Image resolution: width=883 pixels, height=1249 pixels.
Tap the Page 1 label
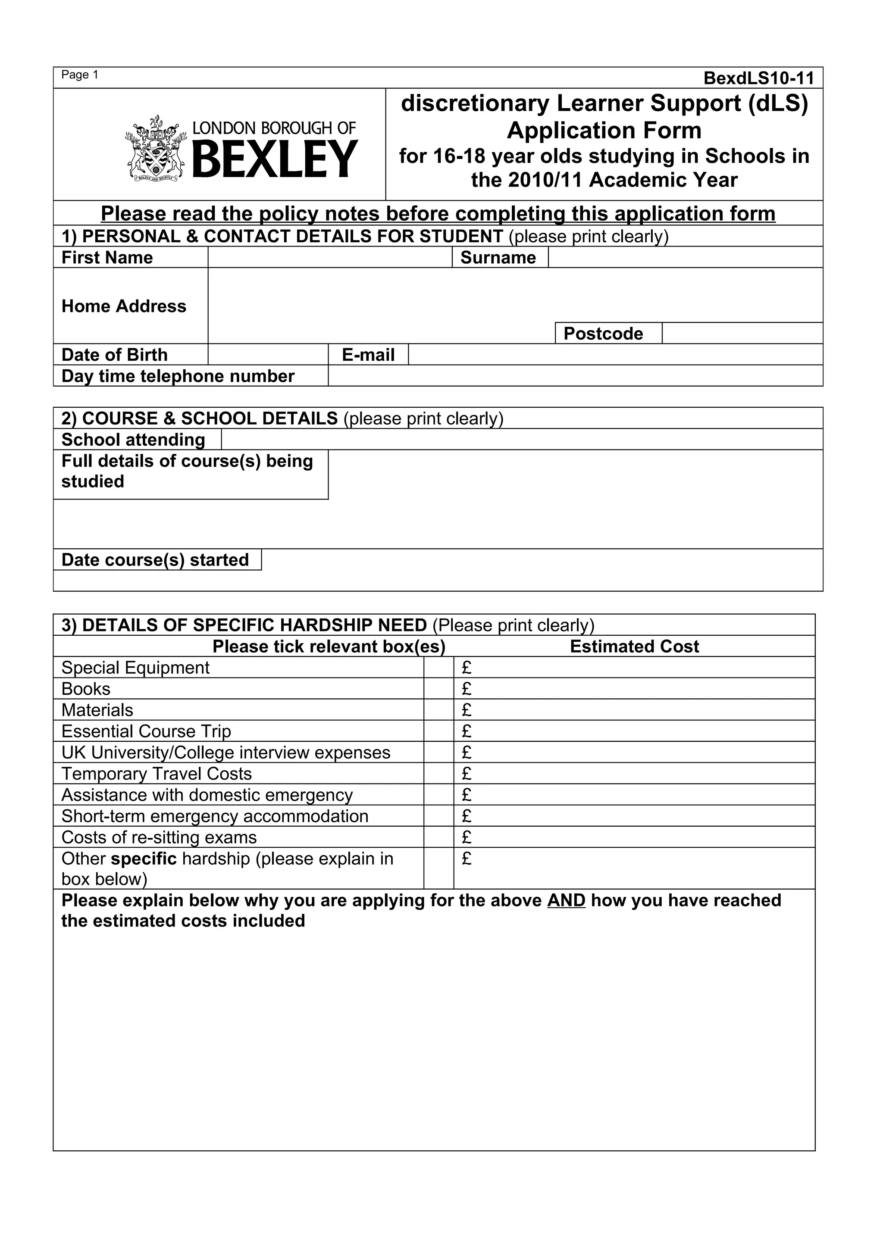coord(79,75)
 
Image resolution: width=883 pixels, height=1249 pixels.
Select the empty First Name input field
coord(330,257)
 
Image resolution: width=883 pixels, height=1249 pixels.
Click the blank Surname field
coord(685,257)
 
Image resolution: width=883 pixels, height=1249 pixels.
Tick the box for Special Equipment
coord(438,668)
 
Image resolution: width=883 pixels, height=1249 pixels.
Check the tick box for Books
coord(438,689)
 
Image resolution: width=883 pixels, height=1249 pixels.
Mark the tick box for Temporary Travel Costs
coord(438,774)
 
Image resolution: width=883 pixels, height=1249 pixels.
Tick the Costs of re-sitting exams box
coord(438,837)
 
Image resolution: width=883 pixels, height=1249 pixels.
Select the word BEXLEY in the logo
coord(275,159)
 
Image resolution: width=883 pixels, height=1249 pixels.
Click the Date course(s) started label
coord(155,560)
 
